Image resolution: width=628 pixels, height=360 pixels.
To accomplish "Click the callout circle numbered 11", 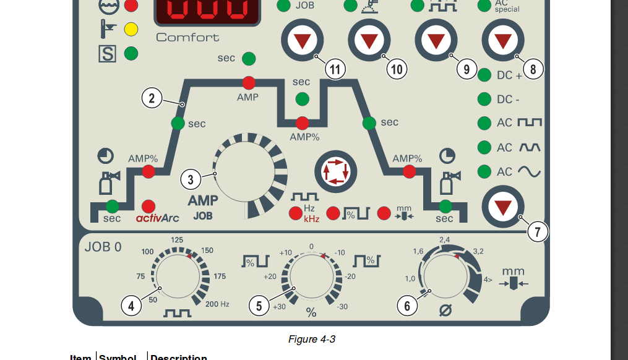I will (x=335, y=69).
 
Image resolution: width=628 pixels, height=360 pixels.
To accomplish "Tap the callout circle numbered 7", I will (x=538, y=232).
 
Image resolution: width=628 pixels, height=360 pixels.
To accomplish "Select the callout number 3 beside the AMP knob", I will (x=191, y=180).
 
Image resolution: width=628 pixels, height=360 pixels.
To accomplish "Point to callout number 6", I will (x=406, y=306).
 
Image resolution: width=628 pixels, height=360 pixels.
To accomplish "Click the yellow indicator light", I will (x=131, y=29).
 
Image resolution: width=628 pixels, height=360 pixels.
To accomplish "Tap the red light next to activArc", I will (x=148, y=206).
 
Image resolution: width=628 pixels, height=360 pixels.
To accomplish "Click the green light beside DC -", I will (x=484, y=99).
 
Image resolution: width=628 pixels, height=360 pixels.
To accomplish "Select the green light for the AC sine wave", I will (x=484, y=171).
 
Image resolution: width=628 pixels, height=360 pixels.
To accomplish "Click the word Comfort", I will (x=187, y=37).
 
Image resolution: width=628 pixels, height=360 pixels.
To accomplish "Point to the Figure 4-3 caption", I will (x=312, y=339).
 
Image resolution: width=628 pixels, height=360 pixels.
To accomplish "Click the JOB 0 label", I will (x=103, y=247).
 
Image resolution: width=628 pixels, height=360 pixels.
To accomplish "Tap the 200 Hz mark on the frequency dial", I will (x=217, y=304).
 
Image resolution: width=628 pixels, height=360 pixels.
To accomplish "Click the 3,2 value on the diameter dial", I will (x=478, y=251).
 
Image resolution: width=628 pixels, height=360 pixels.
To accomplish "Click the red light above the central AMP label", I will (x=249, y=82).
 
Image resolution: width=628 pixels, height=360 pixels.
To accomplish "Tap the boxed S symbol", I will (x=107, y=54).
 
